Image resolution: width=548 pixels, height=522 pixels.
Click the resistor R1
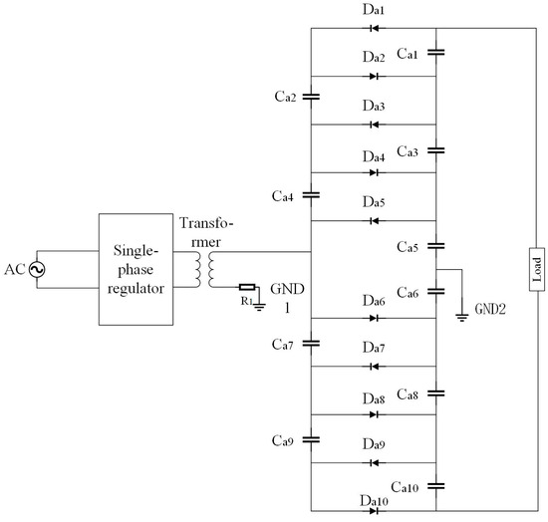(x=246, y=287)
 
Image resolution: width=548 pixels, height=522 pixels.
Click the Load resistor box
(x=536, y=270)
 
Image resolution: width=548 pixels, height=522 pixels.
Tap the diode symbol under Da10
(x=375, y=512)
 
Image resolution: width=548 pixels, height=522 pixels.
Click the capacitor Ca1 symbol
(x=436, y=52)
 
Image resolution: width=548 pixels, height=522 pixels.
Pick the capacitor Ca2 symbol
(x=312, y=98)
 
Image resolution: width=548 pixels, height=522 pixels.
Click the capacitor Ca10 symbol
(x=436, y=487)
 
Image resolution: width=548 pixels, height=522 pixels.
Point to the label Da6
(x=375, y=301)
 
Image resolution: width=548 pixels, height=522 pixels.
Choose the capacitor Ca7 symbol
(x=312, y=342)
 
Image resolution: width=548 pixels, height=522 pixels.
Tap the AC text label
(x=14, y=270)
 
